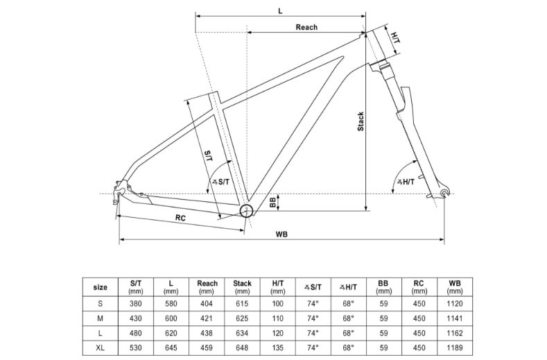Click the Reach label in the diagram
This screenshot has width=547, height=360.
306,27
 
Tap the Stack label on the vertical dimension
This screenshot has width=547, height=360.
361,121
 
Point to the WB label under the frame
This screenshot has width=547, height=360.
281,234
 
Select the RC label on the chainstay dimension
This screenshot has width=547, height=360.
180,218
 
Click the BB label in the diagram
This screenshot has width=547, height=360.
273,203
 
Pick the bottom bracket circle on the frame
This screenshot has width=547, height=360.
246,211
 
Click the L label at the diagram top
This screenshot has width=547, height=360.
280,11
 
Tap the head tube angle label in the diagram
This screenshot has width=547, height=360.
406,182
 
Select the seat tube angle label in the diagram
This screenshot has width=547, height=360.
221,182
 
